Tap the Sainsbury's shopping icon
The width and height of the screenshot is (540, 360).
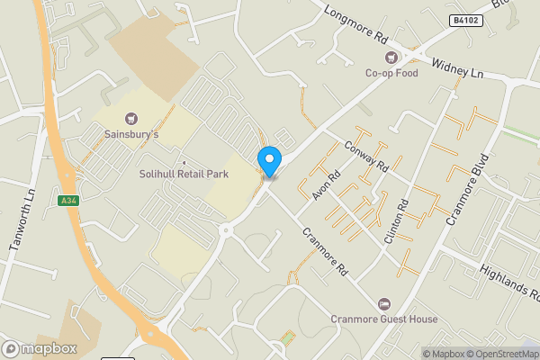(131, 118)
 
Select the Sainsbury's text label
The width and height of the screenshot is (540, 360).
(131, 135)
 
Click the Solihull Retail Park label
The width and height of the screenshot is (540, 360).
(184, 174)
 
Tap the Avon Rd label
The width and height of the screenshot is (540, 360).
(323, 184)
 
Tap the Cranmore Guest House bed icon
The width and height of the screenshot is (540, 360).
(384, 304)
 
